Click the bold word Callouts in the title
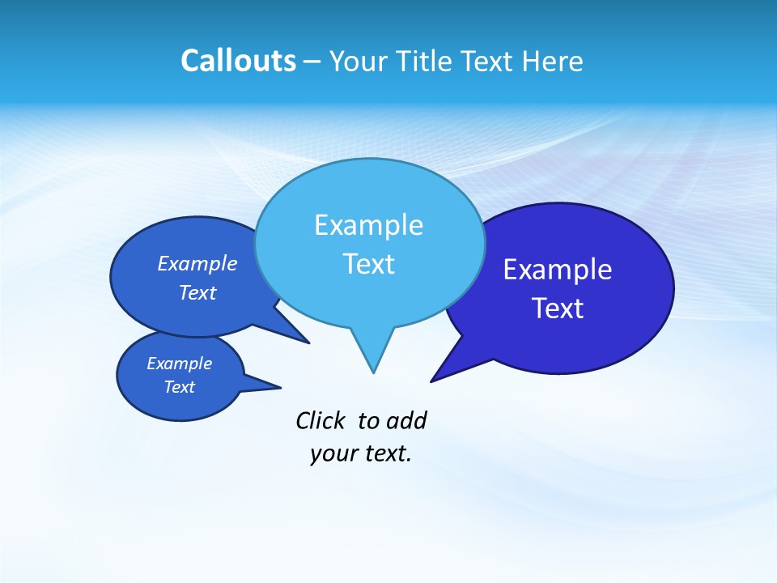pos(238,61)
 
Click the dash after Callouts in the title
pos(312,62)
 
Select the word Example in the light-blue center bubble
pos(368,225)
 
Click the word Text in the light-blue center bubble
pos(368,264)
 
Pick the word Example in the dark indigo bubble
pos(558,270)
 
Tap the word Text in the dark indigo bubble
pos(558,309)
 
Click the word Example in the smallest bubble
pos(179,364)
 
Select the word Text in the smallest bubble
pos(179,387)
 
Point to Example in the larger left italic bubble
pos(197,264)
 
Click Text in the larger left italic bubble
pos(197,292)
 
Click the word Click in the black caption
pos(321,421)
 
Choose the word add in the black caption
pos(406,421)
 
